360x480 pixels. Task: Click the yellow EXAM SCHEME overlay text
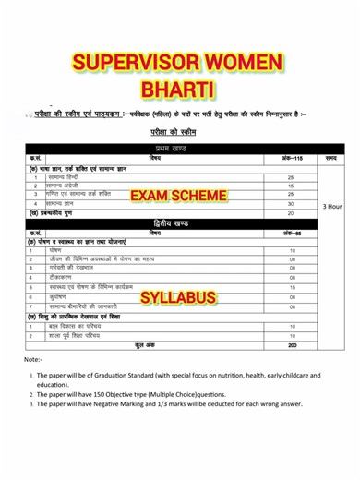pos(176,196)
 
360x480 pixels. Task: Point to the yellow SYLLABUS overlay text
pos(178,297)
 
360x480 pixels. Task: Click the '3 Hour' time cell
pos(332,207)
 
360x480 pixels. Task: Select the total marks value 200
pos(292,344)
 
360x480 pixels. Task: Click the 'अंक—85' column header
pos(292,233)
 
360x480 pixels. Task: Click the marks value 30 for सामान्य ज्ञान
pos(292,204)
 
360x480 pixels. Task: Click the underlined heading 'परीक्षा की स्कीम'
pos(179,132)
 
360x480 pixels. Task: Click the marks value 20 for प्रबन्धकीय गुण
pos(292,213)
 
